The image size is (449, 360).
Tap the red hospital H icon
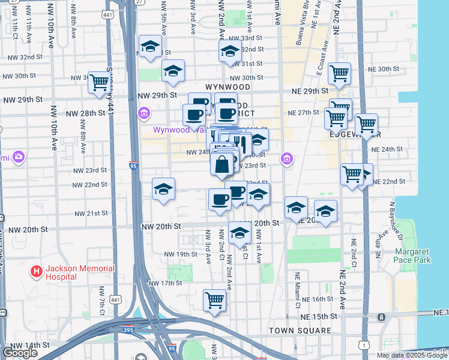(37, 272)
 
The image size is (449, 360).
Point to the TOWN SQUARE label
(300, 331)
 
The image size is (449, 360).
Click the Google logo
(20, 353)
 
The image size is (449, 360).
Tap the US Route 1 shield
(363, 344)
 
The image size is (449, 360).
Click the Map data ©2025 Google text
(412, 355)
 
